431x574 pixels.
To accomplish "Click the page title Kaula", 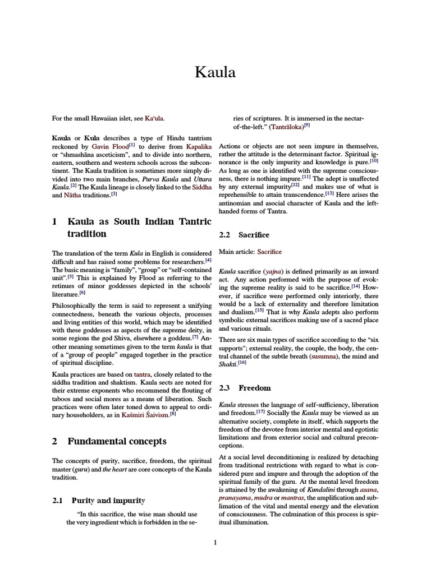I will (x=215, y=72).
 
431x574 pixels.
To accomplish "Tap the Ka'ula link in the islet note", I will (x=155, y=118).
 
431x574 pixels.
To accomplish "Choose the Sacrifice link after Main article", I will (x=269, y=252).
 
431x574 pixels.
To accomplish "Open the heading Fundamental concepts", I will (x=117, y=441).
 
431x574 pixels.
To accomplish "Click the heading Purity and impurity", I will (x=107, y=500).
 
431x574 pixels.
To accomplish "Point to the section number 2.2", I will (x=226, y=234).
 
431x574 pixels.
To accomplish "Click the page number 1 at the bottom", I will (x=215, y=542).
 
